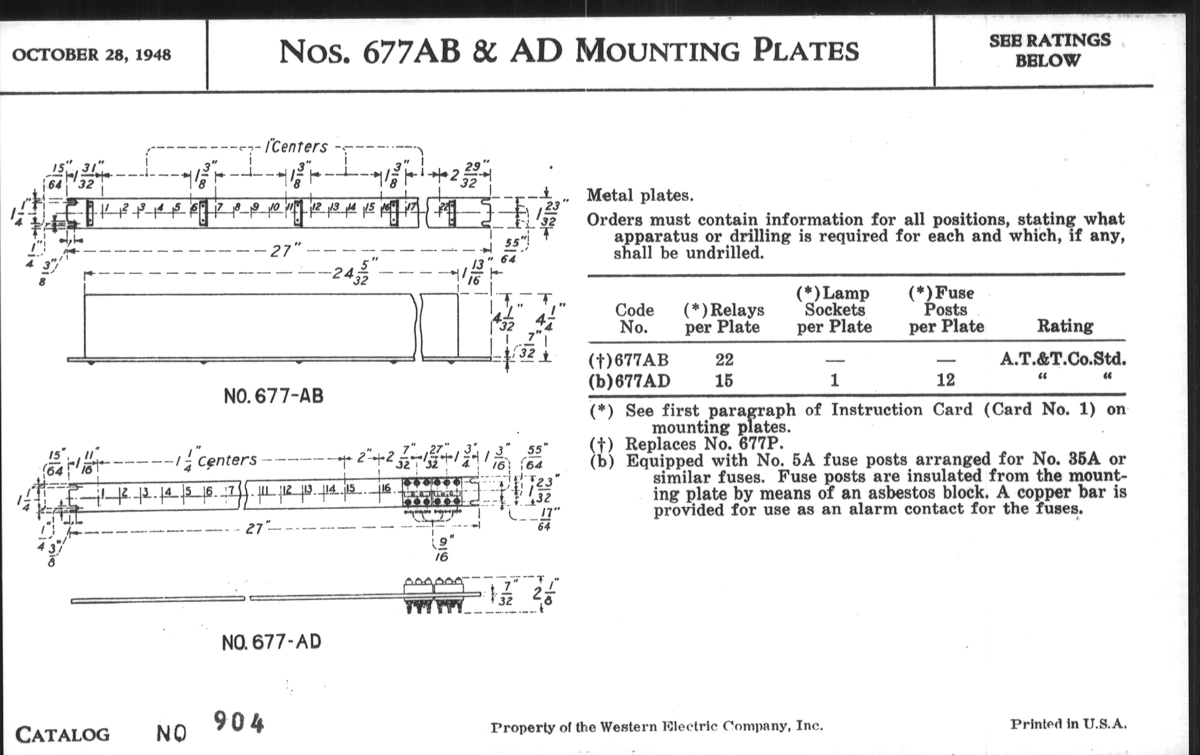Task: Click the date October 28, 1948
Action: click(x=91, y=55)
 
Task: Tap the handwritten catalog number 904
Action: click(x=238, y=722)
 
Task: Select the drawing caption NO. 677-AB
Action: click(x=273, y=396)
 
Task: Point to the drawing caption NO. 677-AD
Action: click(x=271, y=642)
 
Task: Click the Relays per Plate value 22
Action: click(x=724, y=359)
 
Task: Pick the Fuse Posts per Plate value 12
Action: click(x=945, y=380)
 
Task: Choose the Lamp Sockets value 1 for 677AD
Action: click(x=834, y=380)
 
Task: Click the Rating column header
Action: click(x=1065, y=326)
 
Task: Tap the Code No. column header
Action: click(x=634, y=318)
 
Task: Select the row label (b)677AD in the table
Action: click(x=630, y=381)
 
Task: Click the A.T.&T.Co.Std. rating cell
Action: click(x=1062, y=359)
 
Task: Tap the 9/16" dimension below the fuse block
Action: click(x=442, y=548)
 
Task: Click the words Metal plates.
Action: click(x=640, y=195)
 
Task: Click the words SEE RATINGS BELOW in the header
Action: click(x=1050, y=50)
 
